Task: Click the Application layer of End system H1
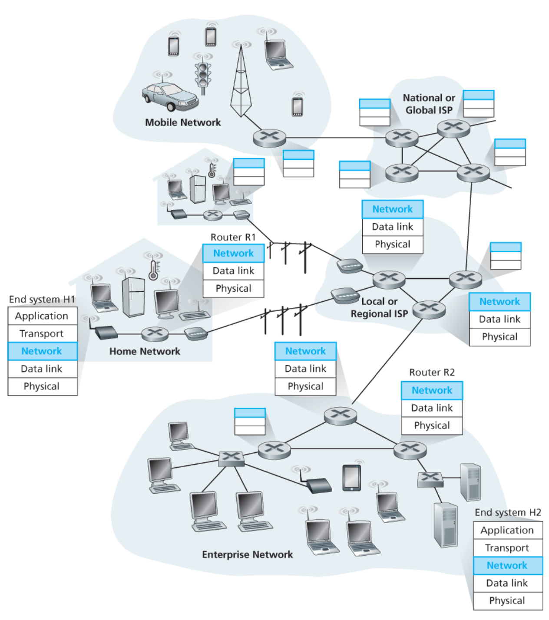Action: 42,316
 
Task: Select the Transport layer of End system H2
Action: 507,548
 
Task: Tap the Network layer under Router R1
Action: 233,253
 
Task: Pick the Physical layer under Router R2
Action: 432,425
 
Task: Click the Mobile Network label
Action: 183,122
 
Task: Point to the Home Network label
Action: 145,351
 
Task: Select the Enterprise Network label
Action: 247,554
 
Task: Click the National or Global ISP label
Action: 429,104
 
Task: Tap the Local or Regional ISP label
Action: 379,307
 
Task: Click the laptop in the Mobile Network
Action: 277,54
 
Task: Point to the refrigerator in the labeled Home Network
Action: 133,296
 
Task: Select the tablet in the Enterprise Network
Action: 351,478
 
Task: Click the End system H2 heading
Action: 508,512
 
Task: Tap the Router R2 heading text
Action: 432,372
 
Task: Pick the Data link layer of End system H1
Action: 42,369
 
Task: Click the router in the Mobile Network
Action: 269,138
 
